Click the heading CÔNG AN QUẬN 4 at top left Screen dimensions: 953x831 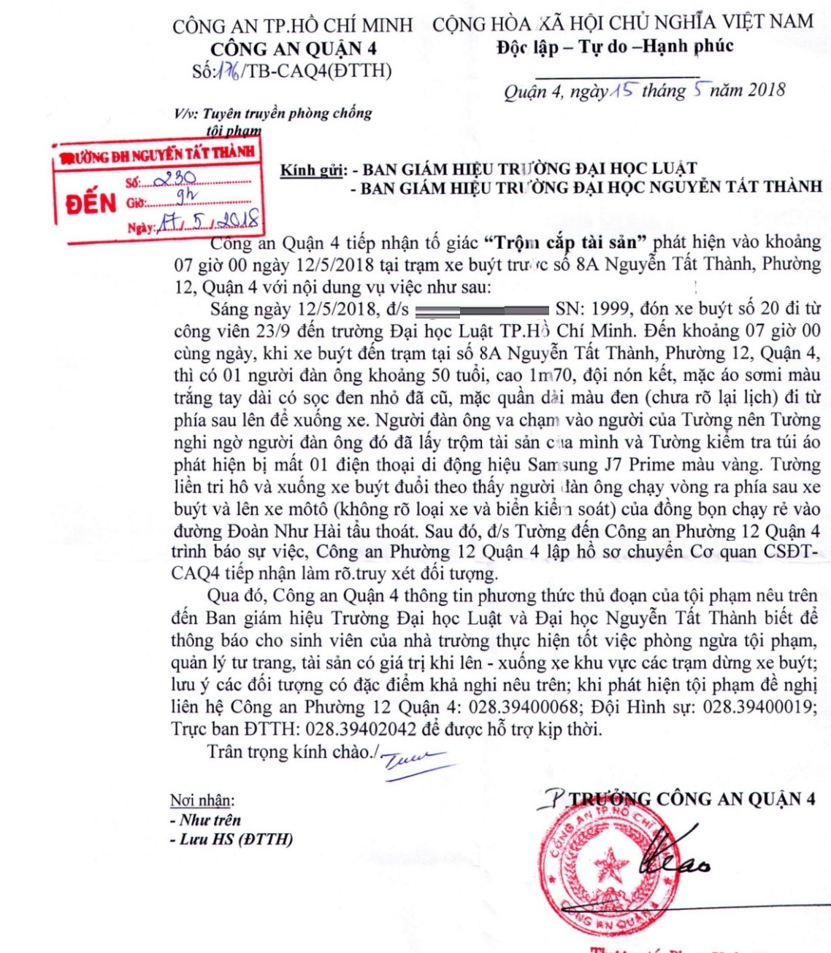pyautogui.click(x=294, y=49)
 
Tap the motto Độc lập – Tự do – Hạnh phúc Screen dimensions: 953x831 pyautogui.click(x=615, y=47)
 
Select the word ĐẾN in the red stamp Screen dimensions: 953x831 pyautogui.click(x=91, y=202)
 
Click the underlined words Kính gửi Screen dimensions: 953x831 pyautogui.click(x=313, y=170)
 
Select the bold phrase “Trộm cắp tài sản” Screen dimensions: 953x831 pyautogui.click(x=565, y=242)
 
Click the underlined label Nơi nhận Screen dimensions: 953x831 pyautogui.click(x=202, y=800)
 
